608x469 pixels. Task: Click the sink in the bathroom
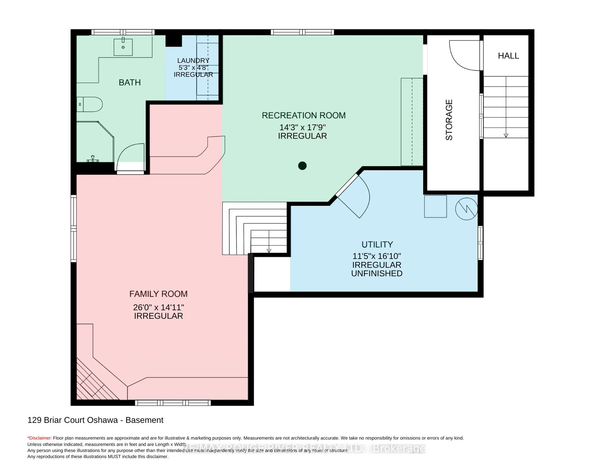123,47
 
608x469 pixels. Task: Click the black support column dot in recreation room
302,166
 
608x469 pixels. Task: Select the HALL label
508,56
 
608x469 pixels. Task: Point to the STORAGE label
449,120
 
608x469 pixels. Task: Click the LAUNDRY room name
193,61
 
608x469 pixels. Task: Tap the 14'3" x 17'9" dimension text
302,127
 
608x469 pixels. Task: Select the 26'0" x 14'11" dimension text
158,307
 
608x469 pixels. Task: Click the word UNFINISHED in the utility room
377,274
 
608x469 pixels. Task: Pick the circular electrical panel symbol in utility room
466,209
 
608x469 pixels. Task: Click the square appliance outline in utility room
435,206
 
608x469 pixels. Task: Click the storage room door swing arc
464,56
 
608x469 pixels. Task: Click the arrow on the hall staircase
506,135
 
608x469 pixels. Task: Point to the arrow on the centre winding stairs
269,250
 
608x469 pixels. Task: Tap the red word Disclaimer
40,438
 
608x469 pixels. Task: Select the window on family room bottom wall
173,403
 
